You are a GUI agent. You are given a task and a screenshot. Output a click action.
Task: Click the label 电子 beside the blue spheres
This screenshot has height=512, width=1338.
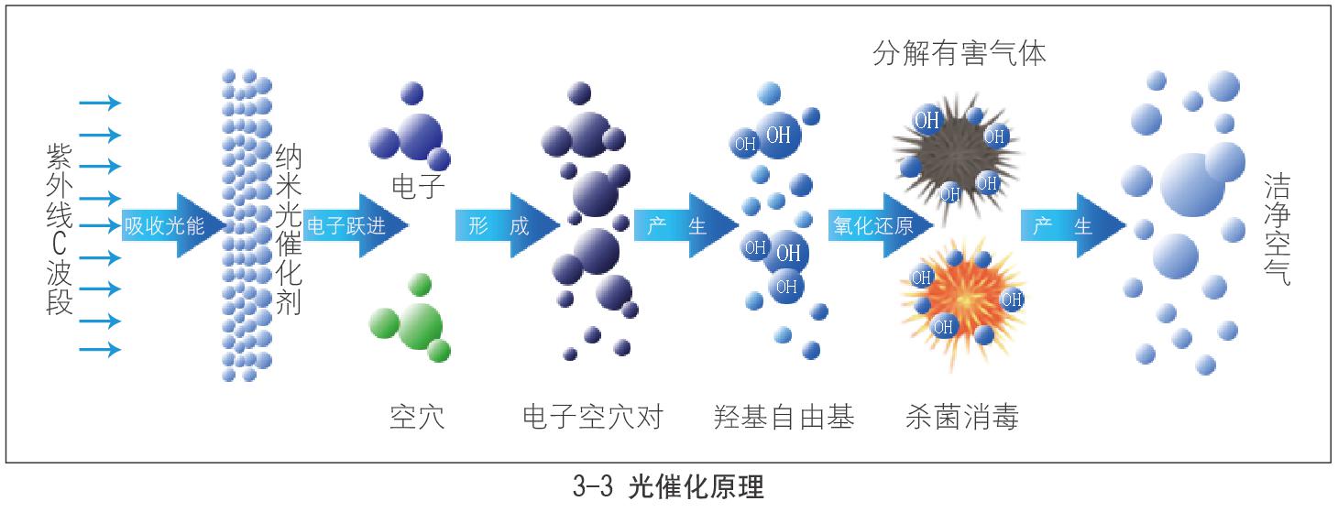pos(418,187)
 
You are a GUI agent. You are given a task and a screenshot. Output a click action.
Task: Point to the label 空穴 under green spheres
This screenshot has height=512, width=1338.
pos(417,417)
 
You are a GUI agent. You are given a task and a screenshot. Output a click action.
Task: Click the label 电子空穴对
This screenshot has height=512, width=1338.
pos(591,417)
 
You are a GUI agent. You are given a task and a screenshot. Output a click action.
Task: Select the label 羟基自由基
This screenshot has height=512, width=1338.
pos(784,417)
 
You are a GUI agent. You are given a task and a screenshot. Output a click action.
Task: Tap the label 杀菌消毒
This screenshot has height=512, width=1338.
pos(960,417)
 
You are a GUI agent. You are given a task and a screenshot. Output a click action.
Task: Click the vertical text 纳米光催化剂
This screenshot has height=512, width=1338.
pos(288,229)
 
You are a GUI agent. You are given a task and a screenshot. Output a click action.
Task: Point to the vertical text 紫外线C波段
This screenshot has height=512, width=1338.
pos(60,229)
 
